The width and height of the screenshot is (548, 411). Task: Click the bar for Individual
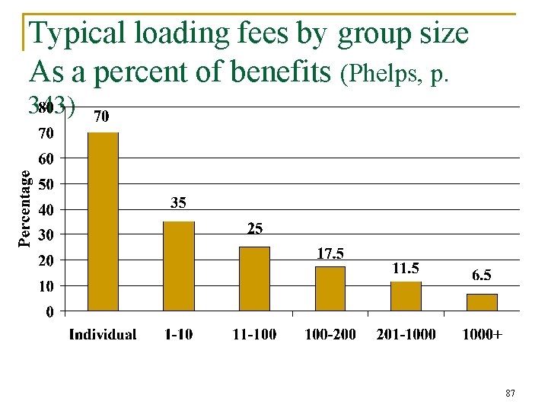103,221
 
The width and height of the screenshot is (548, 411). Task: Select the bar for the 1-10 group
179,266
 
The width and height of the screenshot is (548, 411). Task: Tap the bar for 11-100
254,279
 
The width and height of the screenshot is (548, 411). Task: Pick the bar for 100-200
330,288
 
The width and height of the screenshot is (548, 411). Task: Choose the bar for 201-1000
406,296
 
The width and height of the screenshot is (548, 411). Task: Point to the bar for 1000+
482,302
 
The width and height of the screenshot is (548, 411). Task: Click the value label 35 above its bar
178,203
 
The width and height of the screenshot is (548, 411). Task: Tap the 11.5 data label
405,268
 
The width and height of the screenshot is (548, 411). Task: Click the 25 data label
254,228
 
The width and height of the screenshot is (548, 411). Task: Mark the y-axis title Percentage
25,208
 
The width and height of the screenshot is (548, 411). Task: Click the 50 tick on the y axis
47,184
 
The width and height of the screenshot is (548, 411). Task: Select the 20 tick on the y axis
47,260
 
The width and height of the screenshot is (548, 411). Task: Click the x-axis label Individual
103,334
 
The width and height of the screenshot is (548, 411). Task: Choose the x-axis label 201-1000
406,334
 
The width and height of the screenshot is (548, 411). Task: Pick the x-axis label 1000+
482,334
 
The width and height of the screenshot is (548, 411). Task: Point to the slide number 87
510,393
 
